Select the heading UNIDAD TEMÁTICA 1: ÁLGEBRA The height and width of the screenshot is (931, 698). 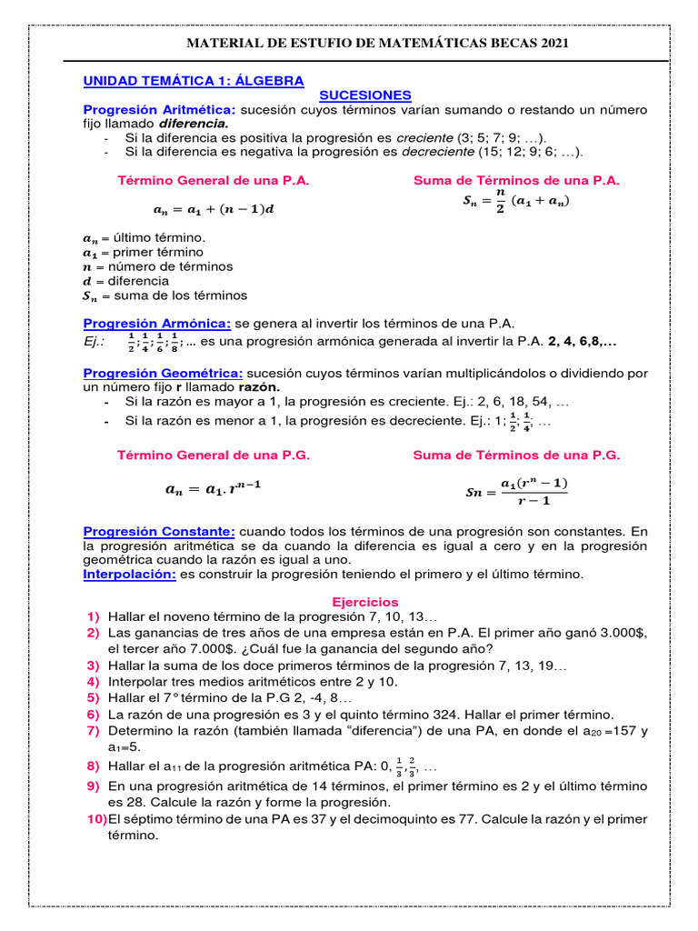(x=194, y=81)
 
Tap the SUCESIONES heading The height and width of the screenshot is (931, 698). (x=365, y=95)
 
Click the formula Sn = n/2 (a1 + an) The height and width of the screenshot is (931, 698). (x=516, y=201)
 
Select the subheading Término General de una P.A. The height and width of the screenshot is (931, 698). (x=214, y=180)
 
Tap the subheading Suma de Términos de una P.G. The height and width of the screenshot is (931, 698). (x=516, y=455)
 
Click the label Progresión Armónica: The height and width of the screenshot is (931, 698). (x=157, y=324)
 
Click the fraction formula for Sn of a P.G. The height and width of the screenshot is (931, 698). (x=516, y=491)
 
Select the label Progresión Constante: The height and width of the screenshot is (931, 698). (x=159, y=530)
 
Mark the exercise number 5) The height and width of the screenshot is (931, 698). (x=93, y=697)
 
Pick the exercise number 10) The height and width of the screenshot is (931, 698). (x=96, y=819)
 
